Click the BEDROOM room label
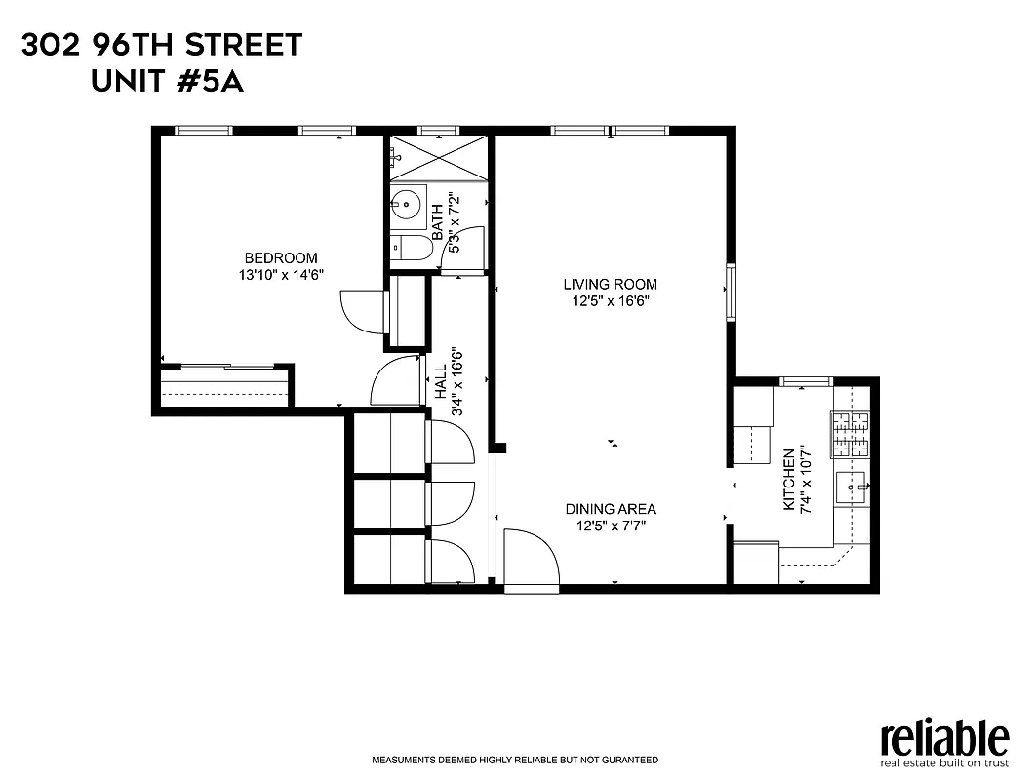pyautogui.click(x=281, y=257)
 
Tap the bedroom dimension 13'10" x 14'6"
pyautogui.click(x=281, y=275)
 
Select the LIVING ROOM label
pyautogui.click(x=610, y=284)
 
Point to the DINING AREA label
pyautogui.click(x=611, y=509)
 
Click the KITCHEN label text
pyautogui.click(x=789, y=480)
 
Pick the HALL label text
pyautogui.click(x=440, y=381)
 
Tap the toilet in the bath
pyautogui.click(x=411, y=249)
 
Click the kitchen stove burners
pyautogui.click(x=850, y=435)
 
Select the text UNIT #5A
pyautogui.click(x=167, y=82)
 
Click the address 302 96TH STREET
pyautogui.click(x=162, y=45)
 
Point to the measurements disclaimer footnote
pyautogui.click(x=514, y=760)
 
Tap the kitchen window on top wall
pyautogui.click(x=806, y=380)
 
